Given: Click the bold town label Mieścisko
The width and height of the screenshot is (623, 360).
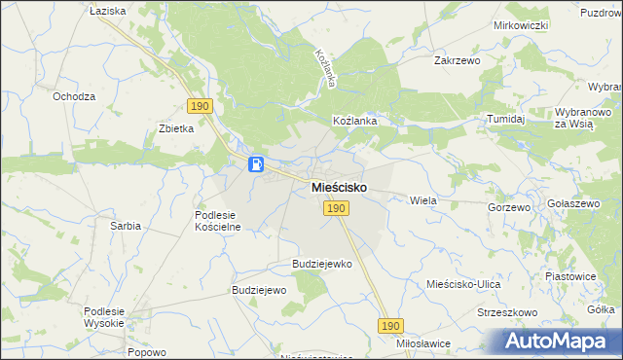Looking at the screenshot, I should point(339,187).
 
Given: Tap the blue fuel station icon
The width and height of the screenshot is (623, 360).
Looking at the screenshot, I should point(256,164).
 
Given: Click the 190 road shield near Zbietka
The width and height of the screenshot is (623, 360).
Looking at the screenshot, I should point(200,105).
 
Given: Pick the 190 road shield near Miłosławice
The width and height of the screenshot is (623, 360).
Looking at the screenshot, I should point(391,326).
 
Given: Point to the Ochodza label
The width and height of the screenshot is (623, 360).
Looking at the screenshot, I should point(74,96).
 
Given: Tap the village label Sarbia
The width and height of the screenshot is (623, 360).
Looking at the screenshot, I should point(125,225).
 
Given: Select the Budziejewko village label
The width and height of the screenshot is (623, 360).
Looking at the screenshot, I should point(322,264).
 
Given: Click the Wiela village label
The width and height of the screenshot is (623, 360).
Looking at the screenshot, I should point(423,199).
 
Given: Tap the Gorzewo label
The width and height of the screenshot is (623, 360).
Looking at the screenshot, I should point(510,207).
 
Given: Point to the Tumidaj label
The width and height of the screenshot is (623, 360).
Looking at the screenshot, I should point(506,119).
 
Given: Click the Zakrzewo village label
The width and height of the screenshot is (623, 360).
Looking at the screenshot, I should point(458,59).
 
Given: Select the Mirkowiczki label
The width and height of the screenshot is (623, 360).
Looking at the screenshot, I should point(522,25).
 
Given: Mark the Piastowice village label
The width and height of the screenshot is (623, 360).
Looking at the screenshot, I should point(570,275).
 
